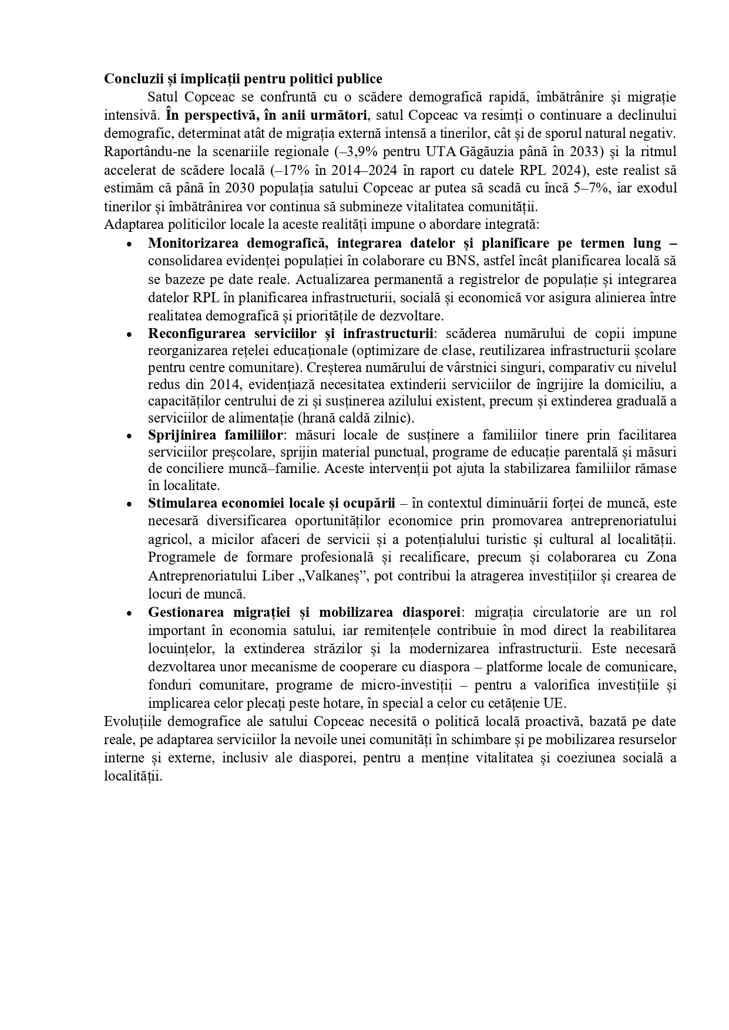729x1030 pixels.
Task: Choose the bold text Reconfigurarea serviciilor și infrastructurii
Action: point(291,334)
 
